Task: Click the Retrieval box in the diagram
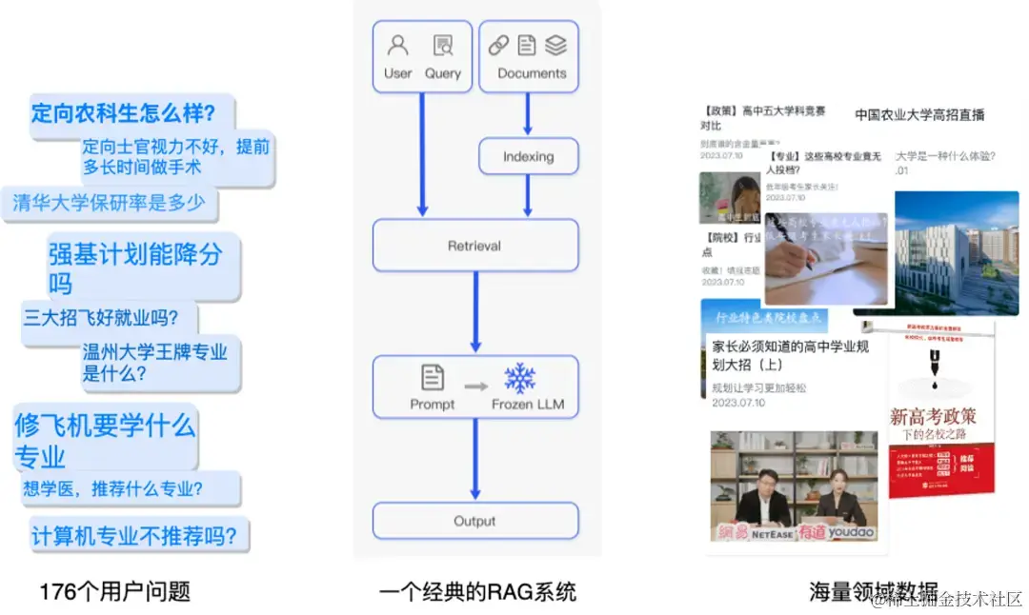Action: tap(474, 246)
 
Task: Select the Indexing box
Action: tap(528, 157)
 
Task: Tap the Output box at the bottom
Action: tap(474, 521)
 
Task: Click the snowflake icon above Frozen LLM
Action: tap(520, 378)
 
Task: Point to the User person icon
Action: tap(398, 46)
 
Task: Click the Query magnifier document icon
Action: tap(443, 46)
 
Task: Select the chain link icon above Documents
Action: tap(498, 46)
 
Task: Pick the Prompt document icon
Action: tap(433, 378)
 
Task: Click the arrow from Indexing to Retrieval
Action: tap(528, 196)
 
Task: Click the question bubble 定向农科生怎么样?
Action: tap(124, 113)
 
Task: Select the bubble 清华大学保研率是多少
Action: tap(109, 203)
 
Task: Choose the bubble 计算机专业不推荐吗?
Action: tap(134, 535)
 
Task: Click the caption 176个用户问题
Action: tap(114, 591)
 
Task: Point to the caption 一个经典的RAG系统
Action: tap(477, 591)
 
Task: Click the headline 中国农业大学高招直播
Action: tap(919, 115)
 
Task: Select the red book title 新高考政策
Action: tap(933, 416)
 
